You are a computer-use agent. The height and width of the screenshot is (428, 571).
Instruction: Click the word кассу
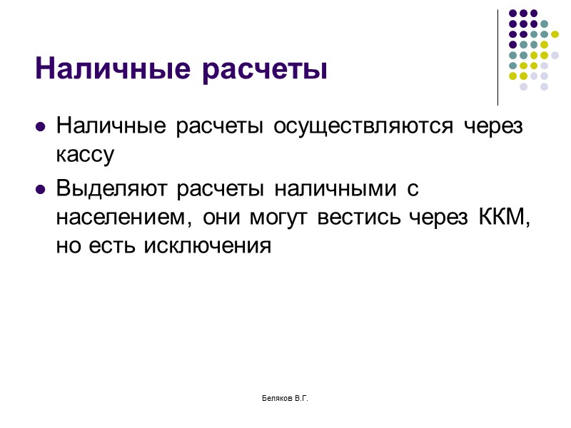coord(84,153)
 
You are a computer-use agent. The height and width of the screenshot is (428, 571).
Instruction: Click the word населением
coord(125,218)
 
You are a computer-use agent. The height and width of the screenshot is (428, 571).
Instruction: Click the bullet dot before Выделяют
coord(41,190)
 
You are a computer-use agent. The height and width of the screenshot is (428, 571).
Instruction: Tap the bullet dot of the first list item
coord(41,127)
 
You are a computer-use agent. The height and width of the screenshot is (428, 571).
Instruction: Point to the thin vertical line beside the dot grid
coord(497,57)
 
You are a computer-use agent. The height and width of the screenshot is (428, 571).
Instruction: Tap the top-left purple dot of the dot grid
coord(512,13)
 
